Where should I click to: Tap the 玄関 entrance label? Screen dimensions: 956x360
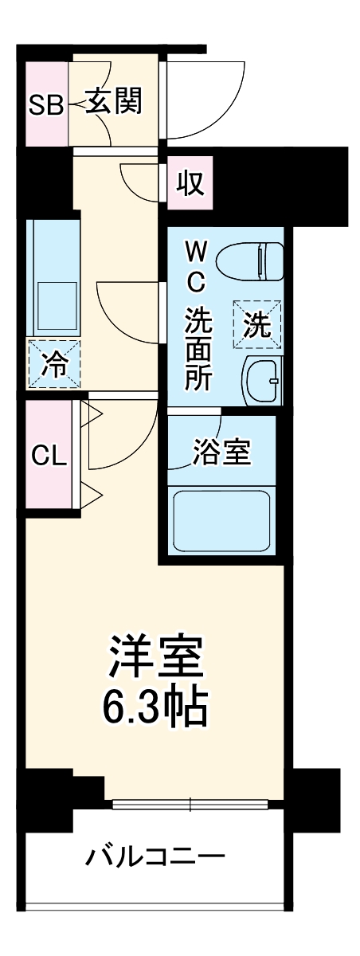[x=115, y=101]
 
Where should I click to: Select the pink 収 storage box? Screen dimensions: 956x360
[x=190, y=184]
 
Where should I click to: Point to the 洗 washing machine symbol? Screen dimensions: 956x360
[x=256, y=325]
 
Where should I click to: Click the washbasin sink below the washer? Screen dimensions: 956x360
[x=260, y=382]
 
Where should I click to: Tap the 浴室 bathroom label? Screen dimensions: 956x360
[x=221, y=453]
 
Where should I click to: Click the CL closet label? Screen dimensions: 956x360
[x=49, y=456]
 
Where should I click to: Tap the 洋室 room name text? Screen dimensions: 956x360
[x=156, y=658]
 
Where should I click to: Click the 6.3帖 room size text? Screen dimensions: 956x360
[x=156, y=704]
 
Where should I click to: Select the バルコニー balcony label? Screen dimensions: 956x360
[x=156, y=858]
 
